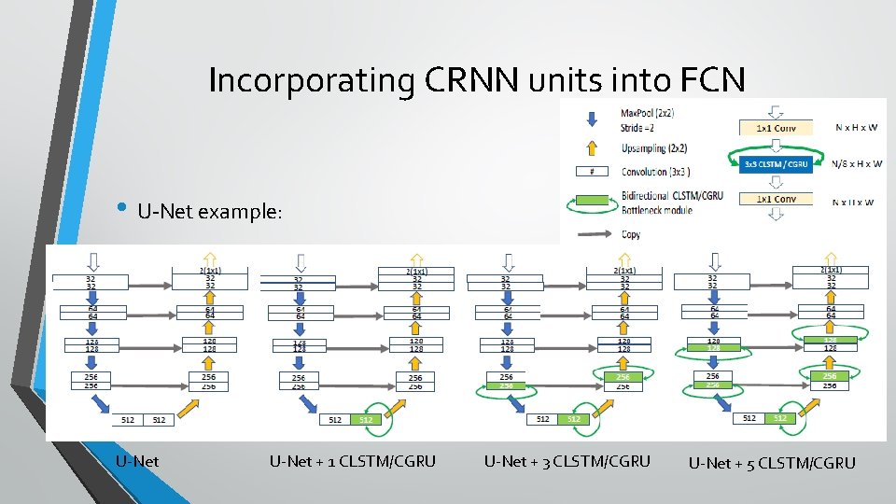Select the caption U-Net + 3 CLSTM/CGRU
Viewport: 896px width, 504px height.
pyautogui.click(x=567, y=460)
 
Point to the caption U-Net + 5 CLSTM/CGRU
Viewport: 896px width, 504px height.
pyautogui.click(x=772, y=463)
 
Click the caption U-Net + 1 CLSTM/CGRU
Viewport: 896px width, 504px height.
pyautogui.click(x=352, y=460)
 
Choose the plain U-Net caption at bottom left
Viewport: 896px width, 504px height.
pyautogui.click(x=137, y=460)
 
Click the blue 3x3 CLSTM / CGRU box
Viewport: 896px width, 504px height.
pyautogui.click(x=777, y=163)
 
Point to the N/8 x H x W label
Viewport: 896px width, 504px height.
pyautogui.click(x=858, y=164)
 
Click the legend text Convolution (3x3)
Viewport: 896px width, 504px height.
pyautogui.click(x=657, y=172)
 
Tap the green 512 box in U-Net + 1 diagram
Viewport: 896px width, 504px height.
pyautogui.click(x=366, y=420)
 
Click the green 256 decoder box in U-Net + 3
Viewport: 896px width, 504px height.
pyautogui.click(x=623, y=376)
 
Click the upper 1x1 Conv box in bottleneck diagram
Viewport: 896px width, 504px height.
pyautogui.click(x=777, y=128)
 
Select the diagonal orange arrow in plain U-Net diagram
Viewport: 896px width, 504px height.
pyautogui.click(x=187, y=405)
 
